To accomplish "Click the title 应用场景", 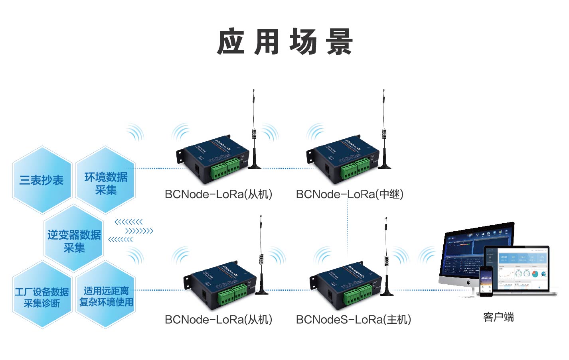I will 284,41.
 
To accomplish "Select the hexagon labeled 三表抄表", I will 42,180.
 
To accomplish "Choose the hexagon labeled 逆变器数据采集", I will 74,240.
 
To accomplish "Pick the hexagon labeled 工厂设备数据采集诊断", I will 42,297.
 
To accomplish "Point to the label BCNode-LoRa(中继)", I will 350,194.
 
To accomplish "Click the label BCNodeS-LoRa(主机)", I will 353,319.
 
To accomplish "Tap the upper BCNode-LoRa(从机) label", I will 218,194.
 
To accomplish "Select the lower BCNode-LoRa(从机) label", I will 218,319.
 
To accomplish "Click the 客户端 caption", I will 498,317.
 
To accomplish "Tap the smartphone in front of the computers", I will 486,281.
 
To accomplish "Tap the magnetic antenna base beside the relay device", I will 384,165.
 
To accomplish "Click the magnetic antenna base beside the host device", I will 387,293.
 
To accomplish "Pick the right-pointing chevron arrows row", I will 139,231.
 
